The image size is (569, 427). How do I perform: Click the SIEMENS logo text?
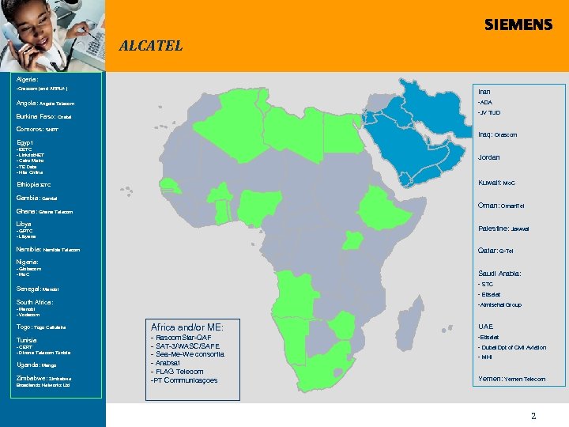[518, 25]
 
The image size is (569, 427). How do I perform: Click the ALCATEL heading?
[150, 46]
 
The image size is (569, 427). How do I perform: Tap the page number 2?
[533, 415]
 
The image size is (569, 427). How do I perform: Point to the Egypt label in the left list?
[25, 142]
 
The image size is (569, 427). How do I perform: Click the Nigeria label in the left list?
[27, 261]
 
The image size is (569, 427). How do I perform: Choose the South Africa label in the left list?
[34, 302]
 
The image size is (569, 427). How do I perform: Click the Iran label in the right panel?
[484, 92]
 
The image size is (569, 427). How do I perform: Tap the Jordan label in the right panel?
[488, 157]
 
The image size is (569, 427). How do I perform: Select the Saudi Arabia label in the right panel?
[499, 274]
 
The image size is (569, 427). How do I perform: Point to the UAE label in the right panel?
[484, 326]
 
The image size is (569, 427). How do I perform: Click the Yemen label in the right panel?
[491, 379]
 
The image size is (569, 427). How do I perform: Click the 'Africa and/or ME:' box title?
[187, 327]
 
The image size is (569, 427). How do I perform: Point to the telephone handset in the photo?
[14, 36]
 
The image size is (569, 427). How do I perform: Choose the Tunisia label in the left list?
[27, 340]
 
